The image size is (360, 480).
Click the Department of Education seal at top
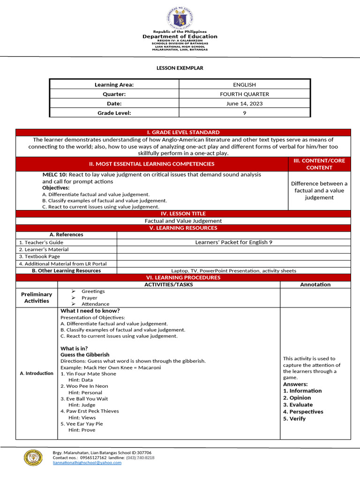(x=180, y=18)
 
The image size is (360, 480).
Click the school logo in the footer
(x=33, y=457)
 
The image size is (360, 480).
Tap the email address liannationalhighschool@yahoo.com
(x=87, y=463)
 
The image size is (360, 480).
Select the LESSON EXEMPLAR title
(x=180, y=68)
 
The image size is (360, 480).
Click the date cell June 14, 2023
(x=244, y=103)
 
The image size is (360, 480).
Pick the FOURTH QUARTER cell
(x=244, y=94)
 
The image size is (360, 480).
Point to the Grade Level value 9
(x=244, y=112)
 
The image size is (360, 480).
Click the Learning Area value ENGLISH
(x=244, y=84)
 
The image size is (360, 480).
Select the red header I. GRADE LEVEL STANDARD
(x=183, y=132)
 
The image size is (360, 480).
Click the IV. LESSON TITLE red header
(x=183, y=213)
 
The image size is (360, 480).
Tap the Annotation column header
(x=315, y=285)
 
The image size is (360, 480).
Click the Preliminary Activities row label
(x=37, y=298)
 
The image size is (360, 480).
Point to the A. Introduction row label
(x=37, y=373)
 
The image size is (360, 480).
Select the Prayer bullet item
(x=89, y=298)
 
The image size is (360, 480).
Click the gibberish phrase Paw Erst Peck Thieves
(x=89, y=411)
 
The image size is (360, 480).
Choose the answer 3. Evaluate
(x=298, y=405)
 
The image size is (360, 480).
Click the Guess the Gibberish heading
(x=85, y=355)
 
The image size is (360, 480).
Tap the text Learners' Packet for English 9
(x=233, y=242)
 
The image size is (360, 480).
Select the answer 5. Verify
(x=294, y=419)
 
